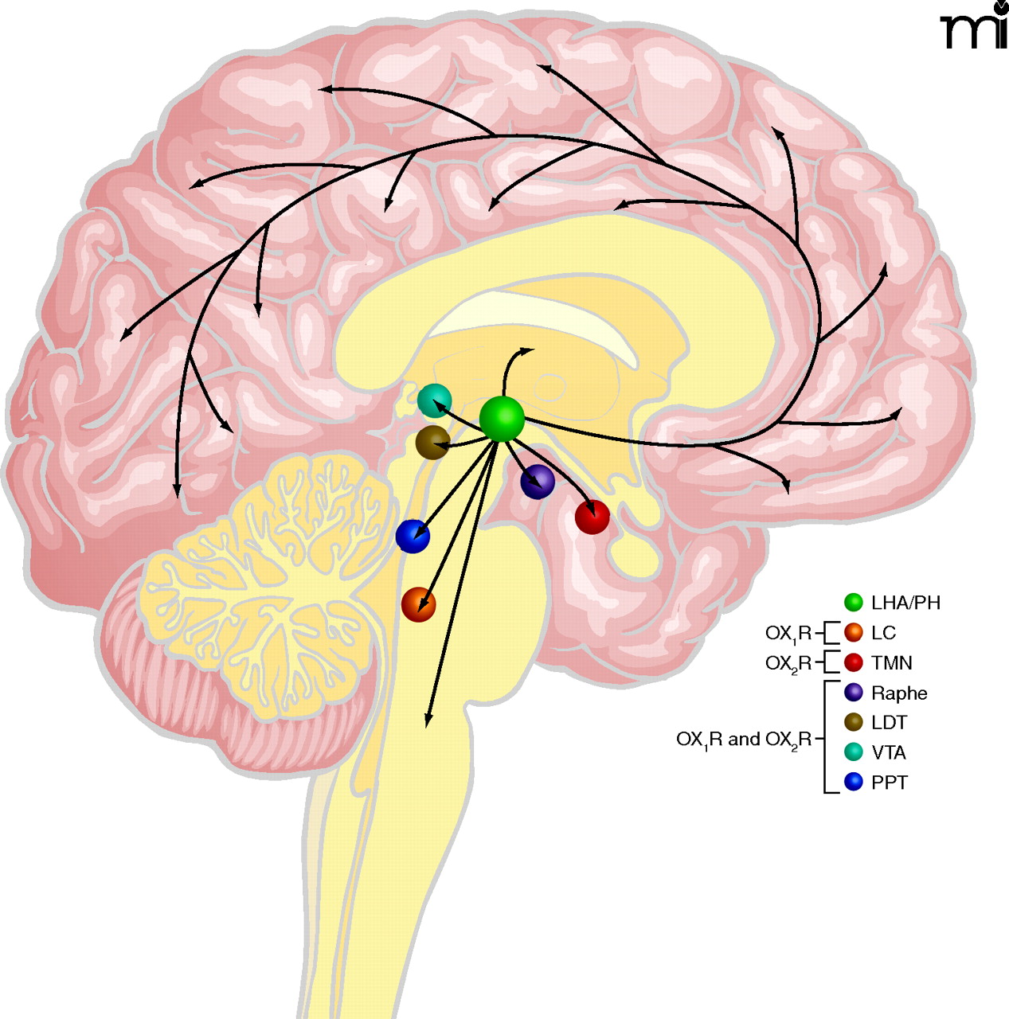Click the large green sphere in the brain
pyautogui.click(x=502, y=419)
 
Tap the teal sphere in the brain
pyautogui.click(x=435, y=400)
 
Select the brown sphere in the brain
pyautogui.click(x=433, y=442)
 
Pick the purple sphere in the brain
pyautogui.click(x=538, y=482)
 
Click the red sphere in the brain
pyautogui.click(x=592, y=517)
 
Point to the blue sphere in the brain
pyautogui.click(x=413, y=536)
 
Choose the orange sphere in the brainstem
pyautogui.click(x=419, y=605)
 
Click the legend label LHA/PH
pyautogui.click(x=905, y=603)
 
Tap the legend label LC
pyautogui.click(x=883, y=633)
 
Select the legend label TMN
pyautogui.click(x=891, y=662)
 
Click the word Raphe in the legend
pyautogui.click(x=899, y=693)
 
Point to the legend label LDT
pyautogui.click(x=889, y=723)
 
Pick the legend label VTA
pyautogui.click(x=889, y=752)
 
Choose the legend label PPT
pyautogui.click(x=889, y=783)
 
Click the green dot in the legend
pyautogui.click(x=854, y=603)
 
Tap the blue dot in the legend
pyautogui.click(x=854, y=783)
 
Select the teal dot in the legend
pyautogui.click(x=854, y=752)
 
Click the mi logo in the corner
pyautogui.click(x=974, y=28)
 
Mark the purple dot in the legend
pyautogui.click(x=854, y=693)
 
